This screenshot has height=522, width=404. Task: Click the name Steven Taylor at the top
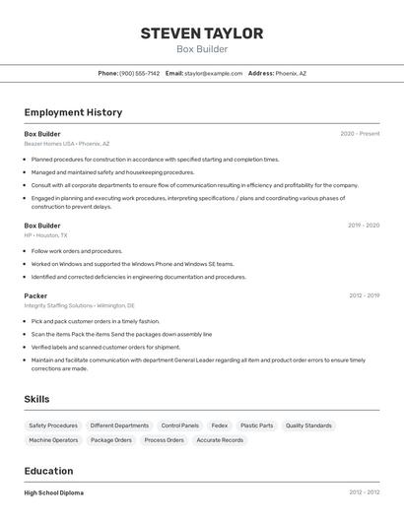202,33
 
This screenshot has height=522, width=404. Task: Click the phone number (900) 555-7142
139,73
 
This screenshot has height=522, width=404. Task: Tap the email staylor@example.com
213,73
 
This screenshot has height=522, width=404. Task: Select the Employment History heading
73,112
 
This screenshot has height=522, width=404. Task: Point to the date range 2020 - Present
360,134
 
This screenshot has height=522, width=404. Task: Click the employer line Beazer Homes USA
67,144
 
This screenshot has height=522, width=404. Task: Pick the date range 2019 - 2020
364,226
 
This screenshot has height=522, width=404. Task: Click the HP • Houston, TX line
46,235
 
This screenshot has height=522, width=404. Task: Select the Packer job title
35,295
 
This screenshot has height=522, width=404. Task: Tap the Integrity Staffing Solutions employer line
80,305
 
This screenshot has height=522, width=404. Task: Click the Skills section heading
37,399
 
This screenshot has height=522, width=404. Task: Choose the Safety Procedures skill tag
53,425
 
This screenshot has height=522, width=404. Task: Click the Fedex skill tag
219,425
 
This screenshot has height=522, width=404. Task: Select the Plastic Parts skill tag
256,425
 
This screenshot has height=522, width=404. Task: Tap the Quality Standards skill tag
308,425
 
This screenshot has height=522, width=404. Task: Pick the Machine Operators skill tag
53,440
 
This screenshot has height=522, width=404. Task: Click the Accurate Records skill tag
220,440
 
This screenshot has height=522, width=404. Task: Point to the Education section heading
49,471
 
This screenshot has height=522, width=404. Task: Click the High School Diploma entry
54,492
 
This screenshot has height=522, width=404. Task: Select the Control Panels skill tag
179,425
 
